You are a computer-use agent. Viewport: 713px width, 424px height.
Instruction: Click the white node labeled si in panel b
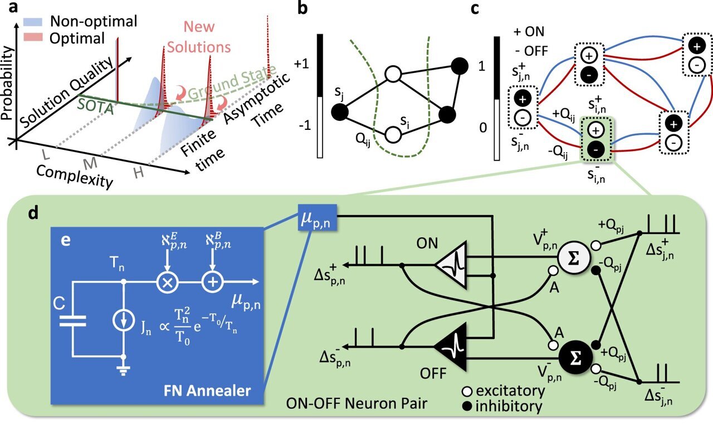[x=393, y=134]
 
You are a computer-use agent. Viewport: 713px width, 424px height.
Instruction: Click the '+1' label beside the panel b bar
[x=304, y=64]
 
